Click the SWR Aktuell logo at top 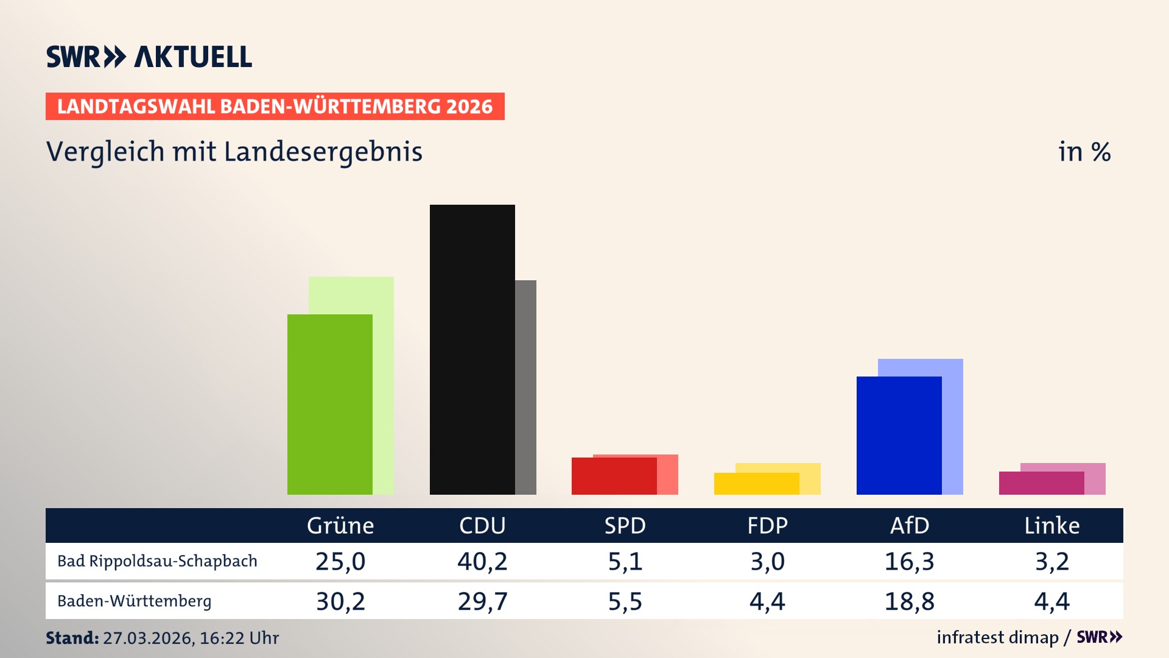coord(149,57)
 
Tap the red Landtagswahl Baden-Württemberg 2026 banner coord(275,107)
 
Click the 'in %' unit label coord(1084,152)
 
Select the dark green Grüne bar coord(329,405)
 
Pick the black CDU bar coord(472,350)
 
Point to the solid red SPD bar coord(614,476)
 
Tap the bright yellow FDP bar coord(756,484)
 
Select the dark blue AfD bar coord(899,436)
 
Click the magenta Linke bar coord(1041,483)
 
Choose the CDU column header coord(482,526)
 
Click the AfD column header coord(910,526)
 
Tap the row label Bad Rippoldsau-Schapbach coord(157,561)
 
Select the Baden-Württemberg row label coord(134,601)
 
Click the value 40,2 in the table coord(482,561)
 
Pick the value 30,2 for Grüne coord(340,601)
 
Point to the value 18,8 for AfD coord(910,601)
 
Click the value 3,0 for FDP coord(767,561)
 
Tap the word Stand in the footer coord(72,638)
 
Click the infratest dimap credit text coord(997,637)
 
